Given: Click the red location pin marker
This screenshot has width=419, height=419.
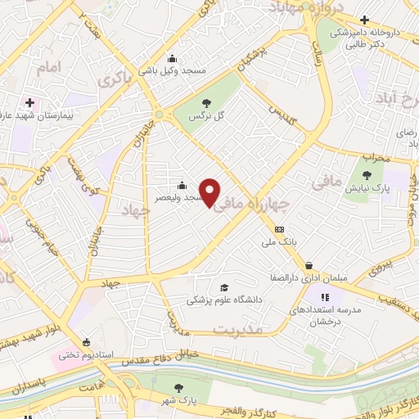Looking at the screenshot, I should click(x=211, y=192).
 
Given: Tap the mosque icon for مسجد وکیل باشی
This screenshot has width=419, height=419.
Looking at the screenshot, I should click(x=172, y=58).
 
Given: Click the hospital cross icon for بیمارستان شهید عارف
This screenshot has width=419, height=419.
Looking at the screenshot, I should click(x=30, y=103).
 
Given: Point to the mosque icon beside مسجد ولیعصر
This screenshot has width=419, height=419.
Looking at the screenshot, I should click(x=182, y=185).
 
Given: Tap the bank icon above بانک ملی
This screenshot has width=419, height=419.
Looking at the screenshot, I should click(x=280, y=229).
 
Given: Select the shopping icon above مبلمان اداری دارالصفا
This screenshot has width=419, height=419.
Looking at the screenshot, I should click(x=309, y=265).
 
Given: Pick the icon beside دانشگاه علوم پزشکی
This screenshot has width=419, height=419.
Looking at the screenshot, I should click(x=223, y=288).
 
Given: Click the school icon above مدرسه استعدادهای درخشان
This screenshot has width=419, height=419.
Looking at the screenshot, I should click(x=326, y=298).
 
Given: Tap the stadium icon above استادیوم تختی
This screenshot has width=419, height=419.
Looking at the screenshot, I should click(x=86, y=343).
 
